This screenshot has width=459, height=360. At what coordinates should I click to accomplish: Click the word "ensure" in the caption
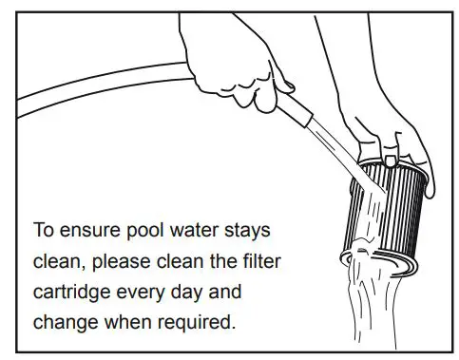(x=87, y=230)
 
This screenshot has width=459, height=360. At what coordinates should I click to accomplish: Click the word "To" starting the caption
(x=44, y=230)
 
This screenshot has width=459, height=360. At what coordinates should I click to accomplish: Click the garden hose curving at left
(x=95, y=90)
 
